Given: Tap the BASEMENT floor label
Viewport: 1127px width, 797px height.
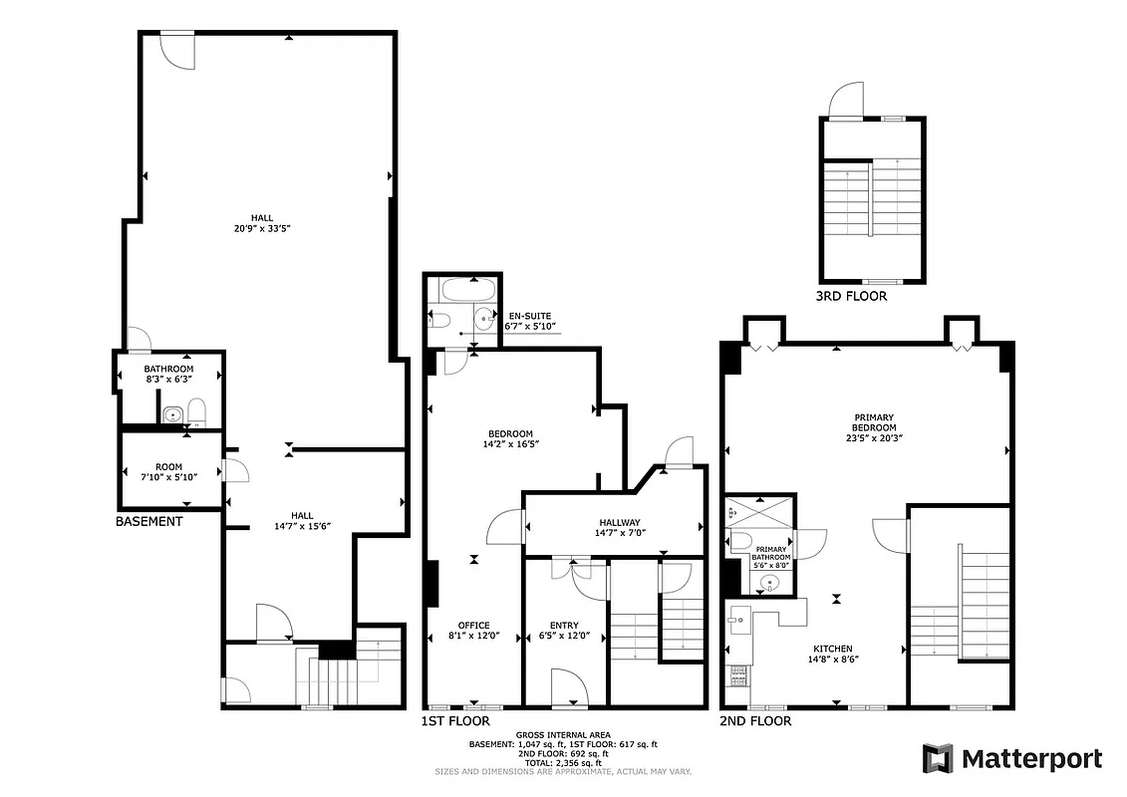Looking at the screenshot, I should [x=149, y=521].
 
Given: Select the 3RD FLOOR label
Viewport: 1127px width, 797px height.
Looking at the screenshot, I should [x=851, y=296].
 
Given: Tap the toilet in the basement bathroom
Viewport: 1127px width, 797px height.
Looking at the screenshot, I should [x=195, y=412].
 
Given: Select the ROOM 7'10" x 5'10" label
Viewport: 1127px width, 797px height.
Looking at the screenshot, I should [x=168, y=471].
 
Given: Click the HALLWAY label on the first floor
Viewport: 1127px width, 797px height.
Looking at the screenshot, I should [x=620, y=527].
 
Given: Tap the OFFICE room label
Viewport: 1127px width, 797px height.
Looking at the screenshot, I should [x=474, y=631].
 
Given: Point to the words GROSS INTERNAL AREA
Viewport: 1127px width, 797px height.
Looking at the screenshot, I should [x=563, y=734].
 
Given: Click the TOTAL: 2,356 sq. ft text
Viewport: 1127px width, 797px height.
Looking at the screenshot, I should [x=563, y=762].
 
